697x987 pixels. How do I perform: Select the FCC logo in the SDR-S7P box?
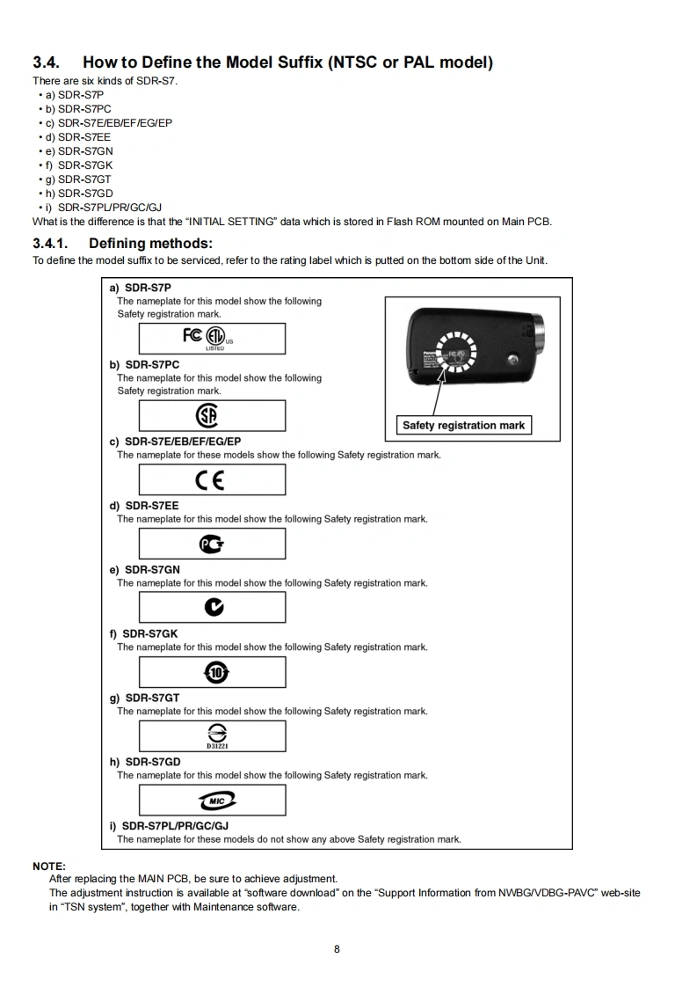point(192,336)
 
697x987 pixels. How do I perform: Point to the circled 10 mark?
point(215,672)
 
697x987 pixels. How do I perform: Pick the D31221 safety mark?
point(216,735)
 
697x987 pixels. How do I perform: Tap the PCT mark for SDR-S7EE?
point(212,544)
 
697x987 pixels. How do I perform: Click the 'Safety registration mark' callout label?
point(463,426)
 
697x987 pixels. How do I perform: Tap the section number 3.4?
point(47,62)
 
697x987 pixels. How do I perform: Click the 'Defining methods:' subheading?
point(150,243)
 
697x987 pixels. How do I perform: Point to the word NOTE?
point(49,866)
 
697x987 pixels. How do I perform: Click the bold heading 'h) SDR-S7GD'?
point(145,762)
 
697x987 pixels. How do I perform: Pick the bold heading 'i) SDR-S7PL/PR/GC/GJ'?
point(169,826)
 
